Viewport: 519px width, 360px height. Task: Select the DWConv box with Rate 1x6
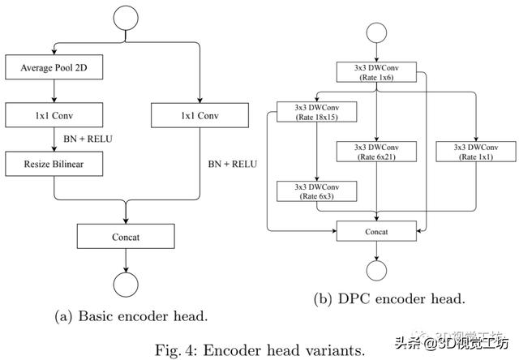[377, 72]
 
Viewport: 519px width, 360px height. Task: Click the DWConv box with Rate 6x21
[377, 151]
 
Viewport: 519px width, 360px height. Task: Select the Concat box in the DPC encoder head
[377, 231]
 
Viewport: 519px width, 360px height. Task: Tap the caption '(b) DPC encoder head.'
[388, 299]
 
